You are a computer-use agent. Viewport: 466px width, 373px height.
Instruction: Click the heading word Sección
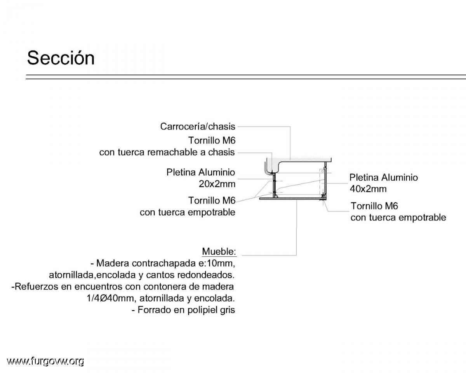(61, 58)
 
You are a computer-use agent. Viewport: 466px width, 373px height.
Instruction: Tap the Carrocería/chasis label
(198, 126)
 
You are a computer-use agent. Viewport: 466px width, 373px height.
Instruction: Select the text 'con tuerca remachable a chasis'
(167, 152)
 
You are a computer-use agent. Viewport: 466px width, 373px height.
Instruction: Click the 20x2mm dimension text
(217, 184)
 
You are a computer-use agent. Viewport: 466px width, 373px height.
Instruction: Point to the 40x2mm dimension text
(368, 189)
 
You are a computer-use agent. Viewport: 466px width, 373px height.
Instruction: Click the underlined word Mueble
(219, 251)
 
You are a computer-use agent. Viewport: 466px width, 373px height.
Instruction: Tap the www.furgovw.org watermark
(45, 361)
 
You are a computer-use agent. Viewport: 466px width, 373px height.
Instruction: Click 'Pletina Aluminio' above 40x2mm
(384, 178)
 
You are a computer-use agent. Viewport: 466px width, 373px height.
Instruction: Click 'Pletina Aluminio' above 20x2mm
(201, 172)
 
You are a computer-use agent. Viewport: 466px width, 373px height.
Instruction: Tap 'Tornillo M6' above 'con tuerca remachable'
(212, 140)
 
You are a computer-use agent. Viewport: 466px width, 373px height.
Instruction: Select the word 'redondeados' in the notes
(206, 275)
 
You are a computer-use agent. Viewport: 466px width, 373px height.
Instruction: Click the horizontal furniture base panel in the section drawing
(292, 199)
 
